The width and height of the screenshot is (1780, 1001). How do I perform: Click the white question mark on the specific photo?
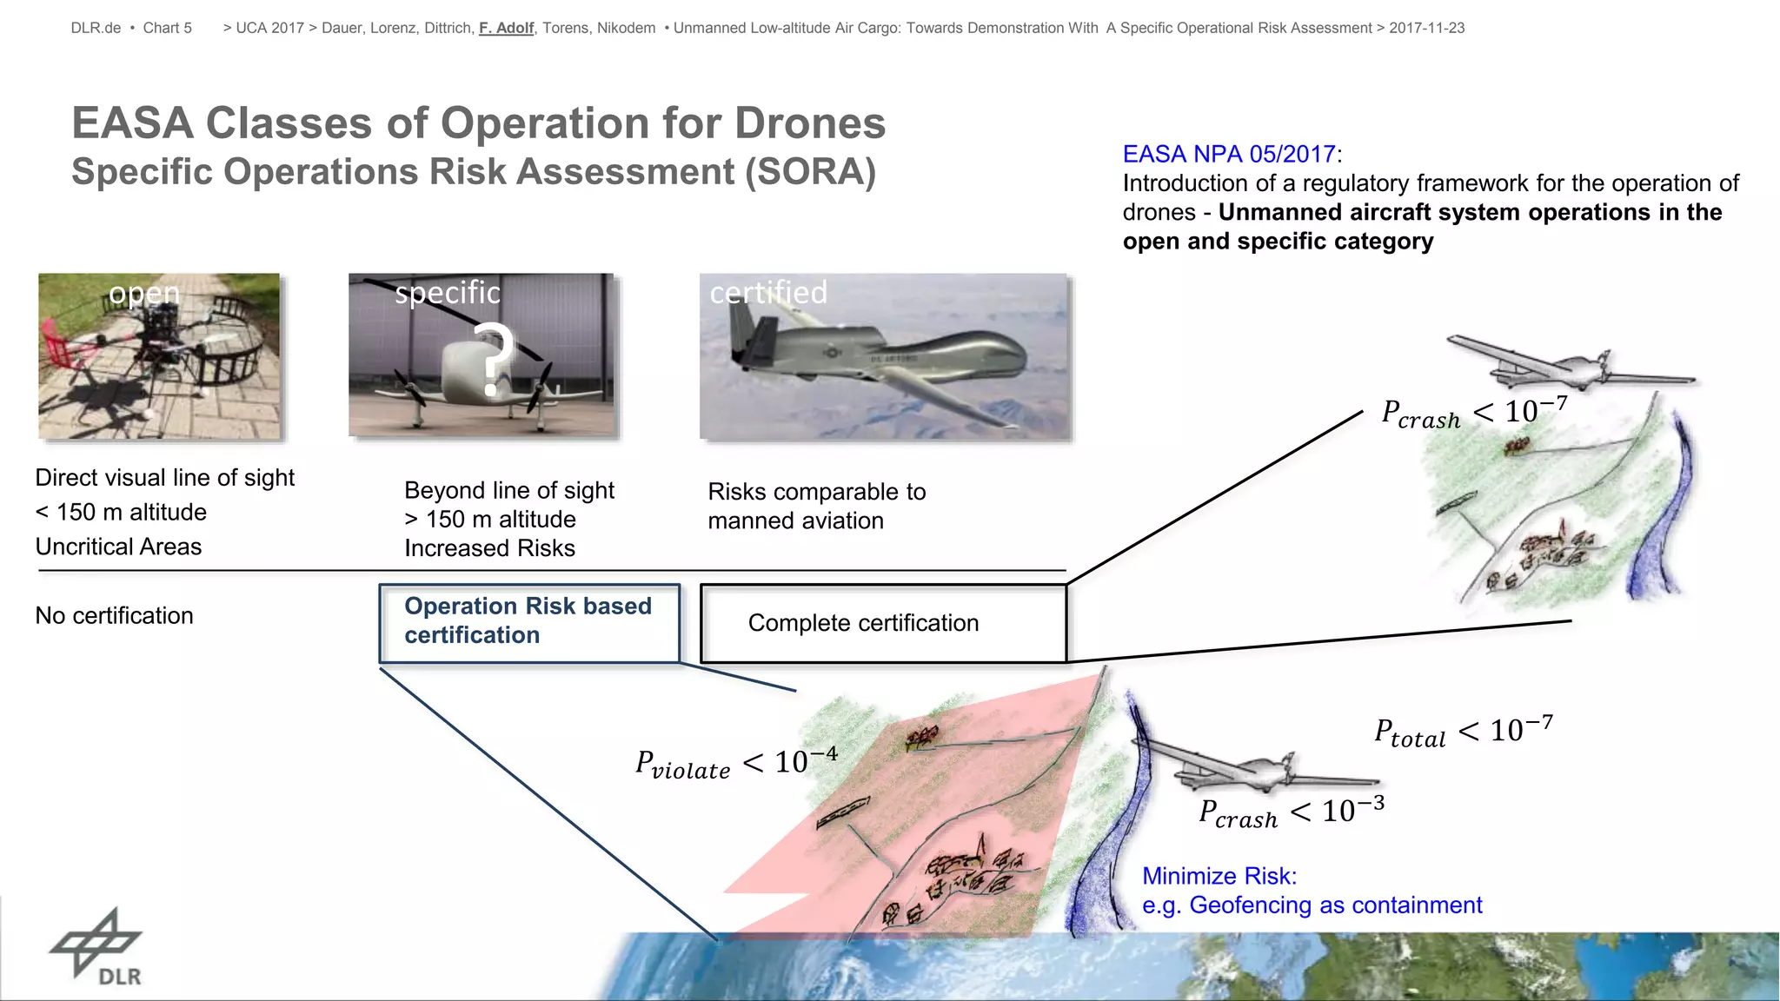[x=493, y=358]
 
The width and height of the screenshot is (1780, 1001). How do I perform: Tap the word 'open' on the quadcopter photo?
[x=144, y=293]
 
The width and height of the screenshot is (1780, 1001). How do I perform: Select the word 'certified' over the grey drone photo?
[x=768, y=292]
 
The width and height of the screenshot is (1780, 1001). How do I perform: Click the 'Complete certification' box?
[x=882, y=623]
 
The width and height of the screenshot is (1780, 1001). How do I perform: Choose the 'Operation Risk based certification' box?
[x=528, y=621]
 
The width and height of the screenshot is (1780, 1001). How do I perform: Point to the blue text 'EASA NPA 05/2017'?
[x=1228, y=154]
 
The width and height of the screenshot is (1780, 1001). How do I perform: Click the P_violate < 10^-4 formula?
[x=736, y=763]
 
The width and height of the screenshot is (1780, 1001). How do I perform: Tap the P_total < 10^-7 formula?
[x=1463, y=732]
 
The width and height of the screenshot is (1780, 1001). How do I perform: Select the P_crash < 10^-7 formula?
[x=1474, y=413]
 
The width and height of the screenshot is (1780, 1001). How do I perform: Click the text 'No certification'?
[x=114, y=615]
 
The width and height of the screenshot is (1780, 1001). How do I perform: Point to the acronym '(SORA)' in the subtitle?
[x=810, y=171]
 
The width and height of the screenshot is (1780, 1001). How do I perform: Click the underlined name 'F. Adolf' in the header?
[x=506, y=28]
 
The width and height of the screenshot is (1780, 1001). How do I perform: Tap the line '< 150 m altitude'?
[x=121, y=512]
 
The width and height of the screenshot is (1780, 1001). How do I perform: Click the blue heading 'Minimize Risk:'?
[x=1219, y=876]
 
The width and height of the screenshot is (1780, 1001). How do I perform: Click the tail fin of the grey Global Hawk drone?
[x=746, y=328]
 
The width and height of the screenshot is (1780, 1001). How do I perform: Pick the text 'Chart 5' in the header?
[x=167, y=28]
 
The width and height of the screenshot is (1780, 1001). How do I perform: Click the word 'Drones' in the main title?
[x=809, y=123]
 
